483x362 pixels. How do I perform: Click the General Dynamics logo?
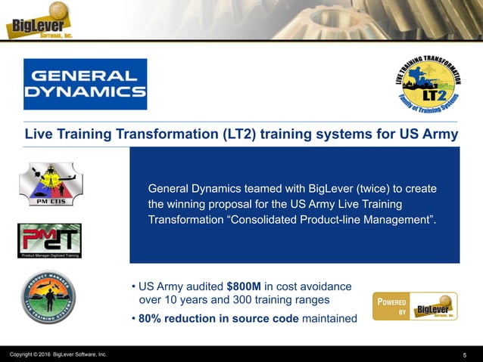pyautogui.click(x=85, y=84)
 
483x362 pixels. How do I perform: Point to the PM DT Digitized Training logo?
pyautogui.click(x=50, y=240)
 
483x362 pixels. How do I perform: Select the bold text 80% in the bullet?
pyautogui.click(x=149, y=319)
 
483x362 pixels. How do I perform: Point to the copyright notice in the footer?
pyautogui.click(x=58, y=354)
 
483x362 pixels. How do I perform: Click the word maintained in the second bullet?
pyautogui.click(x=329, y=319)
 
